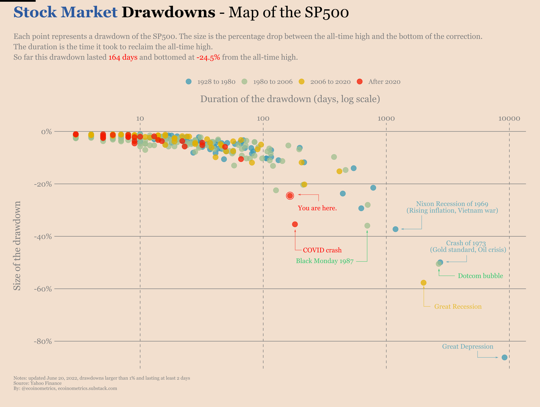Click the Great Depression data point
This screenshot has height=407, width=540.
coord(504,357)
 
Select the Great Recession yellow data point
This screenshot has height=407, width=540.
coord(424,283)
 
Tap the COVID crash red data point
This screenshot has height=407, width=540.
coord(295,224)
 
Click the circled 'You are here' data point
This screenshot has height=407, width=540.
coord(290,196)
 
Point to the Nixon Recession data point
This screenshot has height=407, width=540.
coord(396,229)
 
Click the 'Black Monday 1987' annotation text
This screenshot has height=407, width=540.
coord(324,261)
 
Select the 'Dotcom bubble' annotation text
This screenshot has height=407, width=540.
coord(480,276)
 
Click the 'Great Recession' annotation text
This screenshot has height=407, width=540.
coord(458,306)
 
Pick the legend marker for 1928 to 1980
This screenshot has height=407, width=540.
coord(189,82)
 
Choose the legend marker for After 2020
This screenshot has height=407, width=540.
coord(359,82)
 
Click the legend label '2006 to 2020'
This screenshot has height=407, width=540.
coord(330,82)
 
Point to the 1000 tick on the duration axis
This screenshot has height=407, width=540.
coord(386,118)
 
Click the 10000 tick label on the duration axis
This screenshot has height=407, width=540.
coord(509,118)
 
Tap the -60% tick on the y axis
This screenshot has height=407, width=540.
coord(43,289)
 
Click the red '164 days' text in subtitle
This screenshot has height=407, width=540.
coord(123,57)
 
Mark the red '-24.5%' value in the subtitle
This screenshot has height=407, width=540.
coord(208,57)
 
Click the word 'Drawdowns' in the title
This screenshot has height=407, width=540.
coord(168,13)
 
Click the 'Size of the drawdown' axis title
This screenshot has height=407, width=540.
coord(17,246)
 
